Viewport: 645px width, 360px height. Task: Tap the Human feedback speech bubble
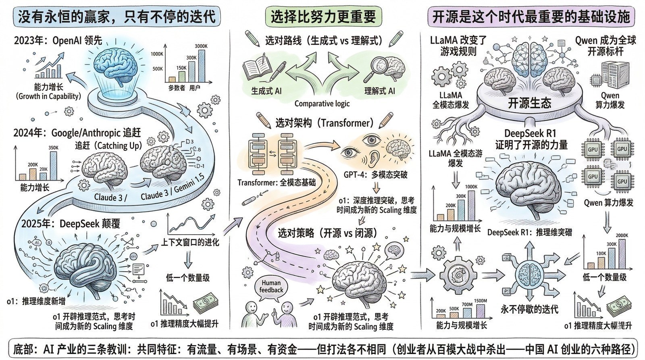(271, 287)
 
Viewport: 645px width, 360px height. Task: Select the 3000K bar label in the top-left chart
(201, 46)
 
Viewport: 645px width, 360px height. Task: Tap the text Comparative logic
(322, 104)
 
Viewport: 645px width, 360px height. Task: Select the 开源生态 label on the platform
(529, 103)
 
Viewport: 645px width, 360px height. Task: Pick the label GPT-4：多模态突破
(375, 175)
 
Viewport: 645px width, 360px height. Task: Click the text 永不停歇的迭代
(529, 309)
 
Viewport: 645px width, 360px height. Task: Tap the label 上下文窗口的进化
(190, 242)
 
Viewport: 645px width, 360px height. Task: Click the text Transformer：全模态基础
(277, 183)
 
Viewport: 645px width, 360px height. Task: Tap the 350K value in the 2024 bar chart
(53, 148)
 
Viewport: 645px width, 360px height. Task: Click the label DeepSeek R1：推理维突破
(529, 233)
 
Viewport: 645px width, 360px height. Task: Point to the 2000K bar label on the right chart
(622, 235)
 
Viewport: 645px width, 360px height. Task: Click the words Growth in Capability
(48, 96)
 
